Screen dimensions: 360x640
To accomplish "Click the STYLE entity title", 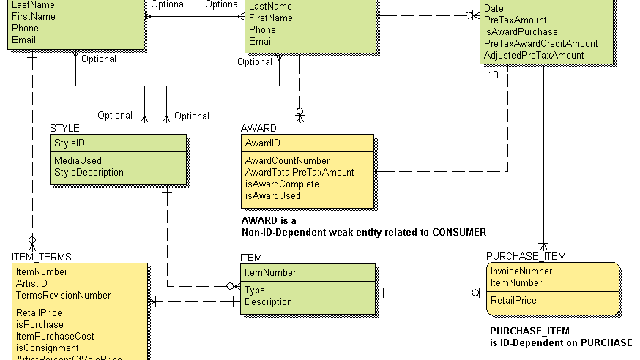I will [x=64, y=128].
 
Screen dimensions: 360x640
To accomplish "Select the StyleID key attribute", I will [x=70, y=143].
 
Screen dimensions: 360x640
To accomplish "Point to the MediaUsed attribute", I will [x=78, y=160].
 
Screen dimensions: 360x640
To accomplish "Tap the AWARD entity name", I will [x=258, y=128].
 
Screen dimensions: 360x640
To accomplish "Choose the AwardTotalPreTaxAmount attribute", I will [x=299, y=172].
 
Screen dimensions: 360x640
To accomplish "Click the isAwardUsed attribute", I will [x=272, y=195].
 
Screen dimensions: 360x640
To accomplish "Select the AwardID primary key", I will [x=262, y=143].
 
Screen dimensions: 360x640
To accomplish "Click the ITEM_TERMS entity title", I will [x=41, y=257].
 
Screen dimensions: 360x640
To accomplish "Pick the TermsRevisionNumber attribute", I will [x=63, y=295].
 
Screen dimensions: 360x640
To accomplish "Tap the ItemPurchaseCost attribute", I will [x=55, y=336].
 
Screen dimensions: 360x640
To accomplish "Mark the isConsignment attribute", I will [x=47, y=348].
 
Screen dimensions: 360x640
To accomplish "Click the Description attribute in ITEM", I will [x=268, y=301].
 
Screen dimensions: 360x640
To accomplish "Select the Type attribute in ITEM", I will [x=254, y=290].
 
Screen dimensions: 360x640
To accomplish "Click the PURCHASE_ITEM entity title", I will [x=526, y=256].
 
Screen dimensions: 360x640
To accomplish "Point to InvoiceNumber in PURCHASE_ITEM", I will [x=521, y=271].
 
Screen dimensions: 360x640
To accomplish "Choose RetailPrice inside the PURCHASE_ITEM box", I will [x=513, y=300].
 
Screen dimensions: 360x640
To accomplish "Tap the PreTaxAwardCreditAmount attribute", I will [x=540, y=43].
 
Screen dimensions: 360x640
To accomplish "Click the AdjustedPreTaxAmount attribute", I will [x=534, y=55].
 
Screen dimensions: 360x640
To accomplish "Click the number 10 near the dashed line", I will [x=493, y=75].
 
